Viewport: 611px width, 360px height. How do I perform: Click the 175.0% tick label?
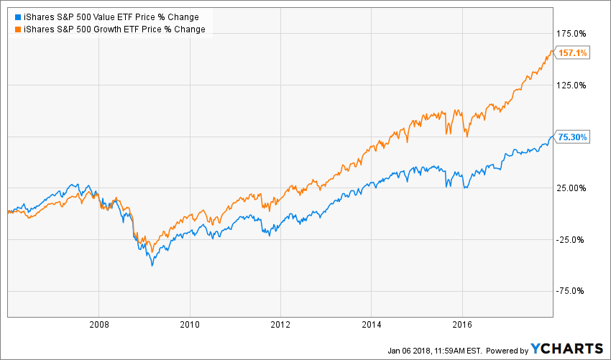point(572,34)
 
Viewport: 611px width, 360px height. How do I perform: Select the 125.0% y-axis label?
point(572,85)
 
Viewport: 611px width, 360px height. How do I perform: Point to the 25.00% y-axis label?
point(572,188)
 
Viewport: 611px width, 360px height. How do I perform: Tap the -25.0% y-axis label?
point(572,240)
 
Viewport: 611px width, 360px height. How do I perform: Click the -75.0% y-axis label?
point(572,291)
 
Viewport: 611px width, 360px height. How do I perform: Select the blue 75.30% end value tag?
point(574,137)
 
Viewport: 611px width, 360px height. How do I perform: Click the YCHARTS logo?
point(567,349)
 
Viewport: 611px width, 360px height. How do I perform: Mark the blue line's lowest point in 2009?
point(152,266)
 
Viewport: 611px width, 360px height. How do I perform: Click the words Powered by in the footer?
point(507,350)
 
